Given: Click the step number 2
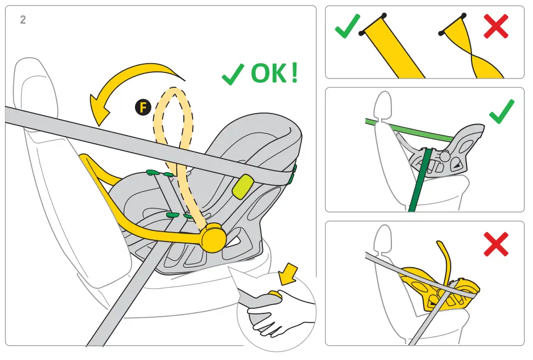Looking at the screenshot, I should (23, 20).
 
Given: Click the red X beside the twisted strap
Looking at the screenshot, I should (496, 26).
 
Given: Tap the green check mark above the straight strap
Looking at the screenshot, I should (347, 26).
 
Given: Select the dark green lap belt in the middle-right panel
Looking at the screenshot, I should (419, 181).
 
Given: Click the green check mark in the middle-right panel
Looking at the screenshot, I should (501, 111).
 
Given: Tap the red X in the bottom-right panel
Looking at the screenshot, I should (496, 244).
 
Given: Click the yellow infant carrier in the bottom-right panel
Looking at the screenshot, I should (434, 285).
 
